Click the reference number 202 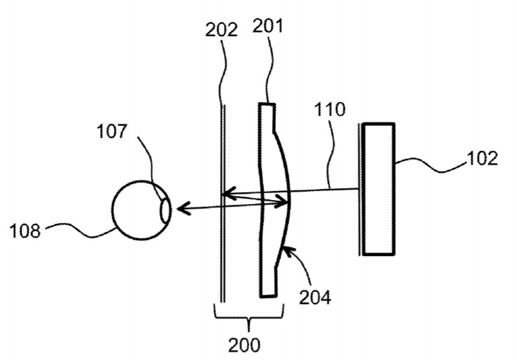221,30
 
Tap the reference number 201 268,26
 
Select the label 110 329,109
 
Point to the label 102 482,159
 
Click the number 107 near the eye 112,131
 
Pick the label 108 25,230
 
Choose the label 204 315,297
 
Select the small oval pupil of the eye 165,211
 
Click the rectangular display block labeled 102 379,189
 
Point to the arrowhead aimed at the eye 183,209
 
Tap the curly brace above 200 249,319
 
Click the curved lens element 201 274,200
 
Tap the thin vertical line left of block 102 359,190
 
